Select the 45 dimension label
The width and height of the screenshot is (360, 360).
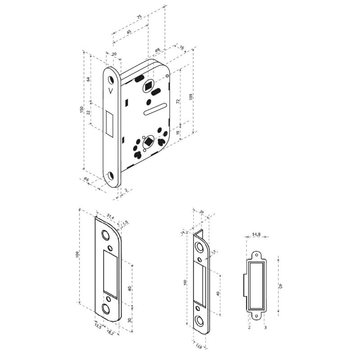coord(129,32)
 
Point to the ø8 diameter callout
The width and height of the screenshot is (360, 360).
coord(158,49)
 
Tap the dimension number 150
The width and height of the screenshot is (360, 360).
coord(81,110)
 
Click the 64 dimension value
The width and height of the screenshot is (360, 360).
coord(89,79)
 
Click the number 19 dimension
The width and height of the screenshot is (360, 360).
coord(178,134)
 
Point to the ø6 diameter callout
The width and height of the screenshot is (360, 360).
coord(87,180)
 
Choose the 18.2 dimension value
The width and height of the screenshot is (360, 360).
coord(110,333)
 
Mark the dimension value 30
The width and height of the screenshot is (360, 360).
coord(130,320)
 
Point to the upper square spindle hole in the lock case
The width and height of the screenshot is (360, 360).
coord(148,85)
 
